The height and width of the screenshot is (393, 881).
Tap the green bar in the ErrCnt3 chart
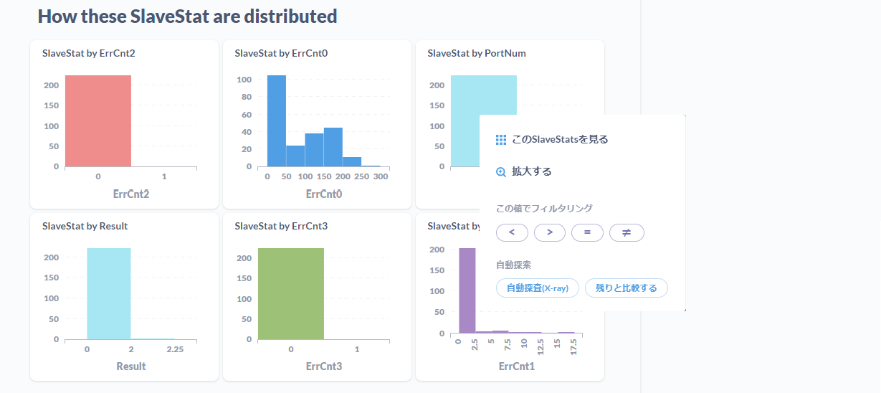[x=291, y=293]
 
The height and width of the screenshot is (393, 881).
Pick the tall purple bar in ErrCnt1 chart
[x=467, y=290]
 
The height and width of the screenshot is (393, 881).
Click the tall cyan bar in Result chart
[x=109, y=293]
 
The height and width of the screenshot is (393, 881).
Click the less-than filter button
[x=512, y=232]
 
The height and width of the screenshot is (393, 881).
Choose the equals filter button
[x=587, y=232]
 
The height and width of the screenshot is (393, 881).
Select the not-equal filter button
[x=627, y=232]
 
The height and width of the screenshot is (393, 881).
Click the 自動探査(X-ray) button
[x=538, y=288]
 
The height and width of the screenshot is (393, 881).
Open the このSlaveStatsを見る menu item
[x=559, y=139]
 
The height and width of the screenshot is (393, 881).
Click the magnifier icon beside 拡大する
[x=501, y=172]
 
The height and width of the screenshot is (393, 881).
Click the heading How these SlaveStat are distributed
[x=187, y=16]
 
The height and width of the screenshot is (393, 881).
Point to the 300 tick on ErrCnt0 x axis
[x=381, y=176]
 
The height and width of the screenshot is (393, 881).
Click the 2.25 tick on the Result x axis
[x=175, y=349]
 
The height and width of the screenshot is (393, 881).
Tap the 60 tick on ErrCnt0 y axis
[x=245, y=114]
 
